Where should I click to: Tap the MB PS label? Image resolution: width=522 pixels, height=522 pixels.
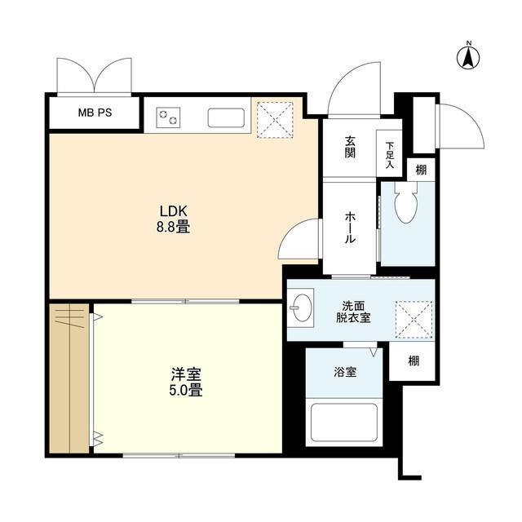point(95,113)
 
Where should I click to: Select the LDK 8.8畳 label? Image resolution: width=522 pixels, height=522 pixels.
point(173,220)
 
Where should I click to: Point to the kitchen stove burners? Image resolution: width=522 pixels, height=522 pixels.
point(169,117)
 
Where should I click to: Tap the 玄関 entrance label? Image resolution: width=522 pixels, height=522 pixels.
point(349,148)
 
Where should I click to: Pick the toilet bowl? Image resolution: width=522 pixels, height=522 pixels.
point(405,206)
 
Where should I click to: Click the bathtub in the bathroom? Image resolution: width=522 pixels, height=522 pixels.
point(344,422)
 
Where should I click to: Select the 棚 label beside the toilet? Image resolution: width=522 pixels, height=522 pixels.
point(420,170)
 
